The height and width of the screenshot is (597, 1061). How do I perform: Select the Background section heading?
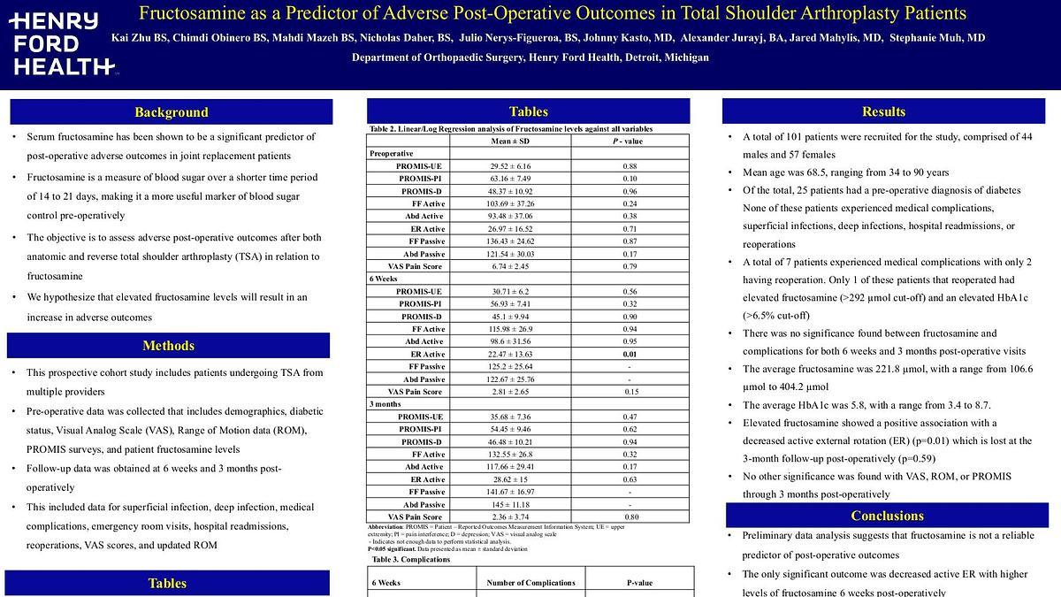point(172,112)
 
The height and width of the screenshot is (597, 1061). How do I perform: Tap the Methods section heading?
point(168,346)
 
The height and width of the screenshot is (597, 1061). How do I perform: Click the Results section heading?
point(883,111)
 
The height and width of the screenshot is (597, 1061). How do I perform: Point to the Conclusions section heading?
point(887,516)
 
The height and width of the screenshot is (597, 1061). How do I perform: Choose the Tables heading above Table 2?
point(528,111)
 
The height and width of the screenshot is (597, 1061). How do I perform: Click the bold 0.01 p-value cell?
point(629,354)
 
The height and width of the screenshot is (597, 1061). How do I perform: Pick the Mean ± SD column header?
point(509,142)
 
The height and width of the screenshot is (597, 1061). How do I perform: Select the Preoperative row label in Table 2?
point(392,154)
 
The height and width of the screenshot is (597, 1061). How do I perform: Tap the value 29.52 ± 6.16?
point(509,166)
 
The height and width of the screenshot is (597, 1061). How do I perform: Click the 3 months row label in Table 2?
point(386,404)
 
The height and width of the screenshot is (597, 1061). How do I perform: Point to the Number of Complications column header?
point(530,583)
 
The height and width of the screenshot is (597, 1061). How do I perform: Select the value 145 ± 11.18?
point(509,504)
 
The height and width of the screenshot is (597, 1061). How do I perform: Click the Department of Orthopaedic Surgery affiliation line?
point(530,57)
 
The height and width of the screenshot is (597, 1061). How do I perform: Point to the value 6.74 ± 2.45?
point(509,266)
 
